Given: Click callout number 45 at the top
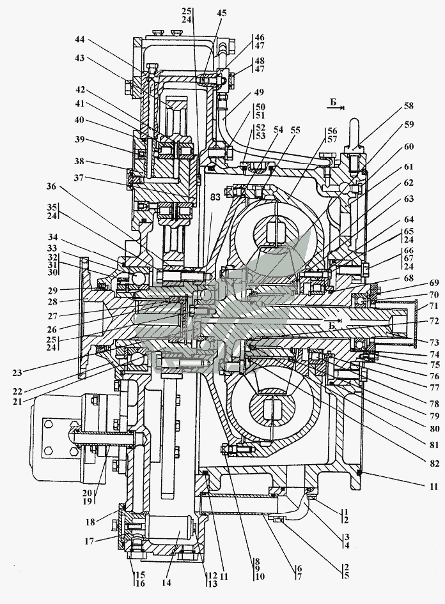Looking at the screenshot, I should pos(221,12).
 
